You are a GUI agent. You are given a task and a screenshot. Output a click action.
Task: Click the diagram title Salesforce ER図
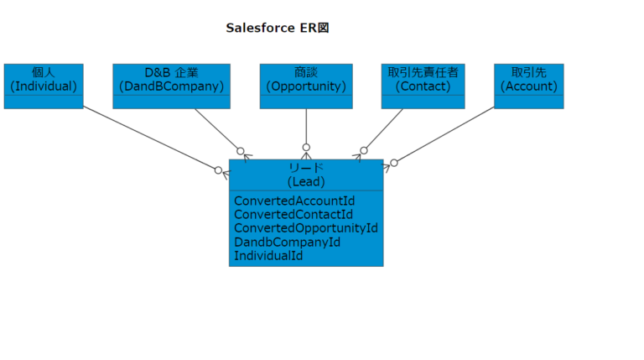(278, 28)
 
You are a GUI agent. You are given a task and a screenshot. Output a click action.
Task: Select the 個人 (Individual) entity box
(44, 80)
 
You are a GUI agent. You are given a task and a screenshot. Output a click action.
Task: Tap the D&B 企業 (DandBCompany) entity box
(171, 80)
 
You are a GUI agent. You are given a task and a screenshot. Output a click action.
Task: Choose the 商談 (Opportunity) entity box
(306, 80)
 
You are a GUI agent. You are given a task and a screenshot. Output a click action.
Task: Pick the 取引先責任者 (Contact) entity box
(423, 80)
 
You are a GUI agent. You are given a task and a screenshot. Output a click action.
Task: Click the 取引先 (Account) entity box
(528, 80)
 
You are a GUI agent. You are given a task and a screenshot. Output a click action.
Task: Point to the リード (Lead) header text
(306, 175)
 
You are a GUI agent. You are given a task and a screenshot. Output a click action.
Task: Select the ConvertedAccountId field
(294, 201)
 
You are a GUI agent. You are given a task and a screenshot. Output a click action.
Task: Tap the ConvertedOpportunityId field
(306, 228)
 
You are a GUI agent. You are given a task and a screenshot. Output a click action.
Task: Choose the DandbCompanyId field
(287, 242)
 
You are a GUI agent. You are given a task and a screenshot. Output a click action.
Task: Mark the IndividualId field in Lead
(268, 255)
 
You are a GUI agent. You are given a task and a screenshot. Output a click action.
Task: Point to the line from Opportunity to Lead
(306, 126)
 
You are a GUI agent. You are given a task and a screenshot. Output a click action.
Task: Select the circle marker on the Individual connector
(218, 170)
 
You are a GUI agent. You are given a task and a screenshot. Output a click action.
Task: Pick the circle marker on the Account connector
(394, 163)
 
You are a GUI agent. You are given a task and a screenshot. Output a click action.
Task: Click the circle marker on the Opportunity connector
(306, 148)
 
